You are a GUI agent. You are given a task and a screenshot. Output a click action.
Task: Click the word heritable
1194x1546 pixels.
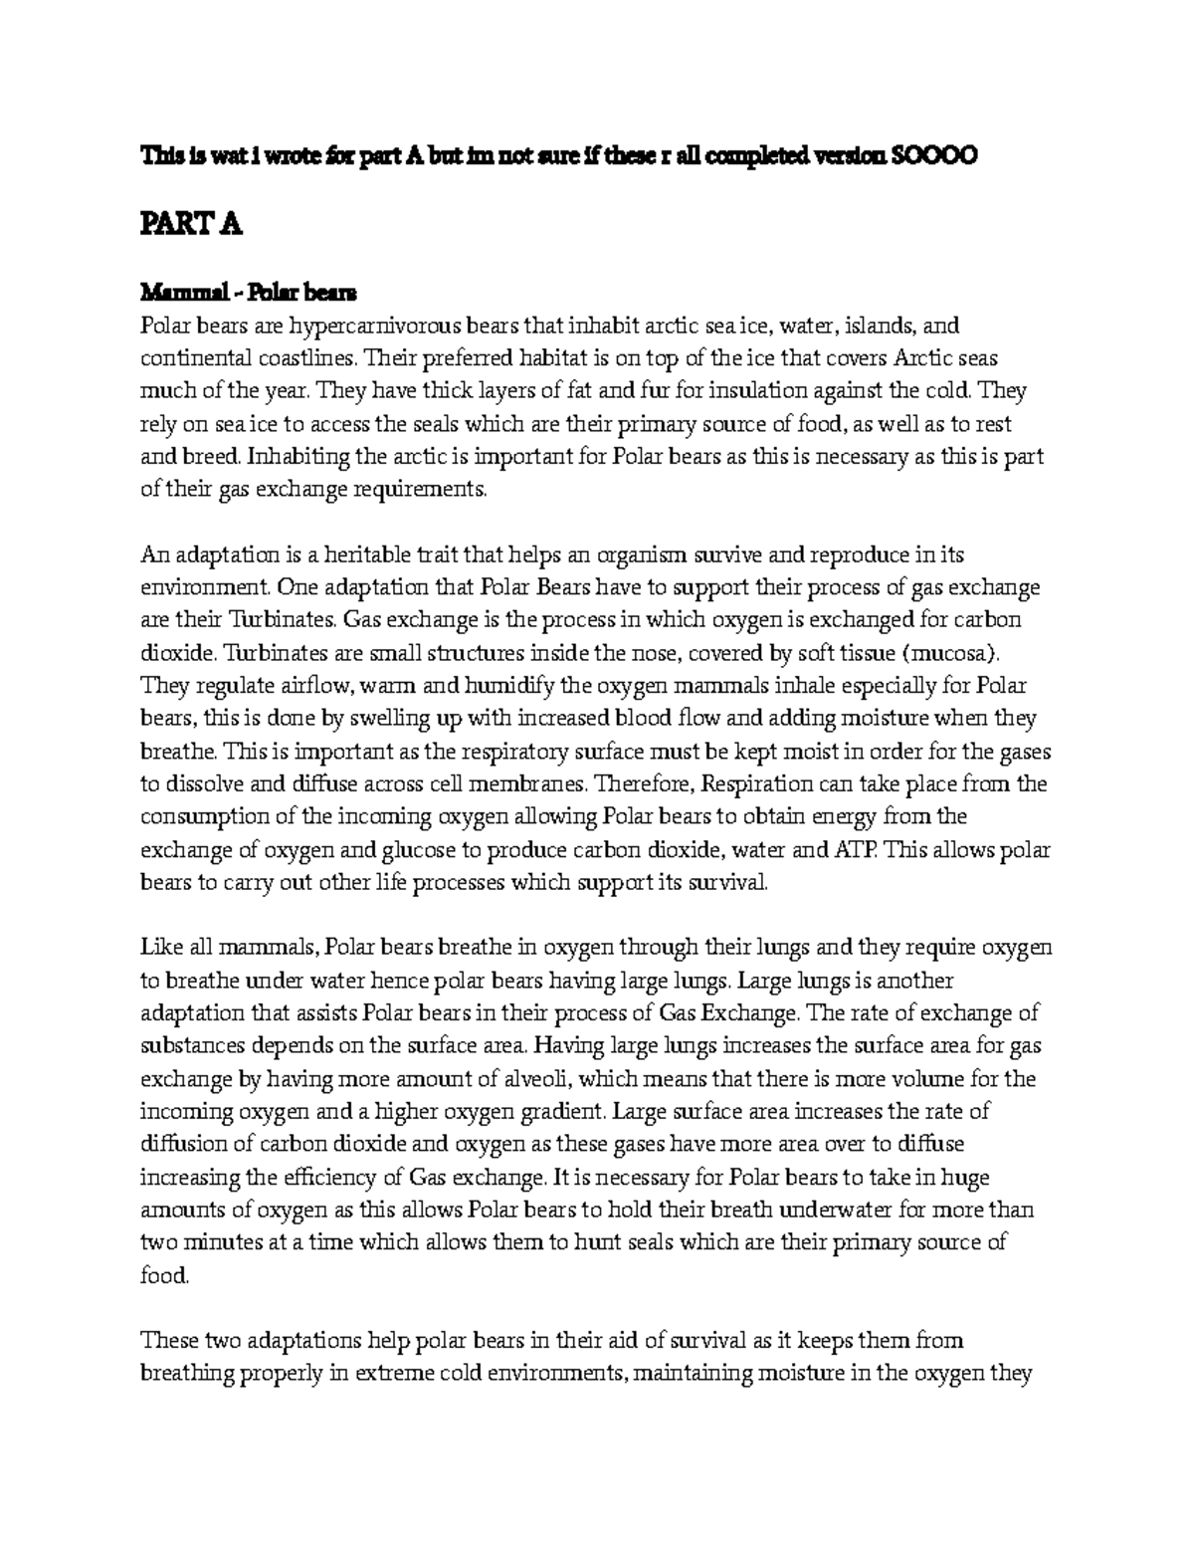381,554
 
